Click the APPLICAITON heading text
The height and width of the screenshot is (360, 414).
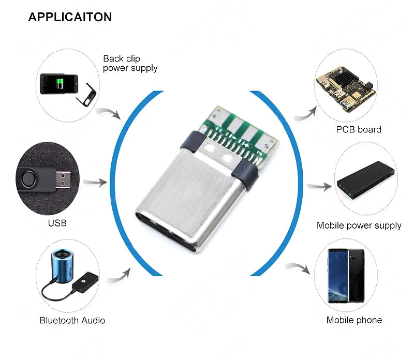point(70,17)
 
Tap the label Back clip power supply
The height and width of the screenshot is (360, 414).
point(130,63)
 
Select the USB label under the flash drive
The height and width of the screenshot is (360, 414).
point(57,223)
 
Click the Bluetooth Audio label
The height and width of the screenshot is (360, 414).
point(72,320)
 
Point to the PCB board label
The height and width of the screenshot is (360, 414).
point(359,130)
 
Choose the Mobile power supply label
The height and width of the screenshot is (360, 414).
point(359,226)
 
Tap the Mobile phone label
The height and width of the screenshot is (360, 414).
point(354,320)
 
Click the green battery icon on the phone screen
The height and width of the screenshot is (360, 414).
point(60,84)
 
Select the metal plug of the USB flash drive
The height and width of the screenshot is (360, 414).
point(63,180)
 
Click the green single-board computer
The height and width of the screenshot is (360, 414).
point(346,89)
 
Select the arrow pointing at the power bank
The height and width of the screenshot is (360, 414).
point(319,187)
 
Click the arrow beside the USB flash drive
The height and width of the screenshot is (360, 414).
point(95,182)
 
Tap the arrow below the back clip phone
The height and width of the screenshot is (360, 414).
point(109,113)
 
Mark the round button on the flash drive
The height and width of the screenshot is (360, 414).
point(29,178)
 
